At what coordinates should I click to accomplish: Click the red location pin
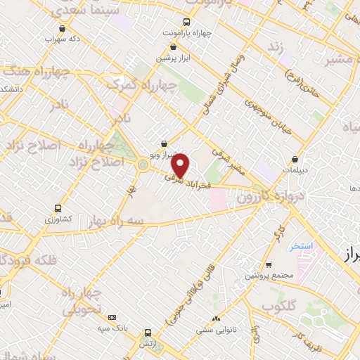click(x=181, y=164)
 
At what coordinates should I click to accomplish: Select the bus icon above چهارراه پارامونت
click(x=186, y=22)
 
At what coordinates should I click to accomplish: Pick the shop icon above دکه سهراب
click(x=64, y=29)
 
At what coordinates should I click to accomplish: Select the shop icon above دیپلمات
click(x=295, y=159)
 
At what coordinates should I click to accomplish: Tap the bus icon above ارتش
click(x=148, y=333)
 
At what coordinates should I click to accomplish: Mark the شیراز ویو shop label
click(x=162, y=153)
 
